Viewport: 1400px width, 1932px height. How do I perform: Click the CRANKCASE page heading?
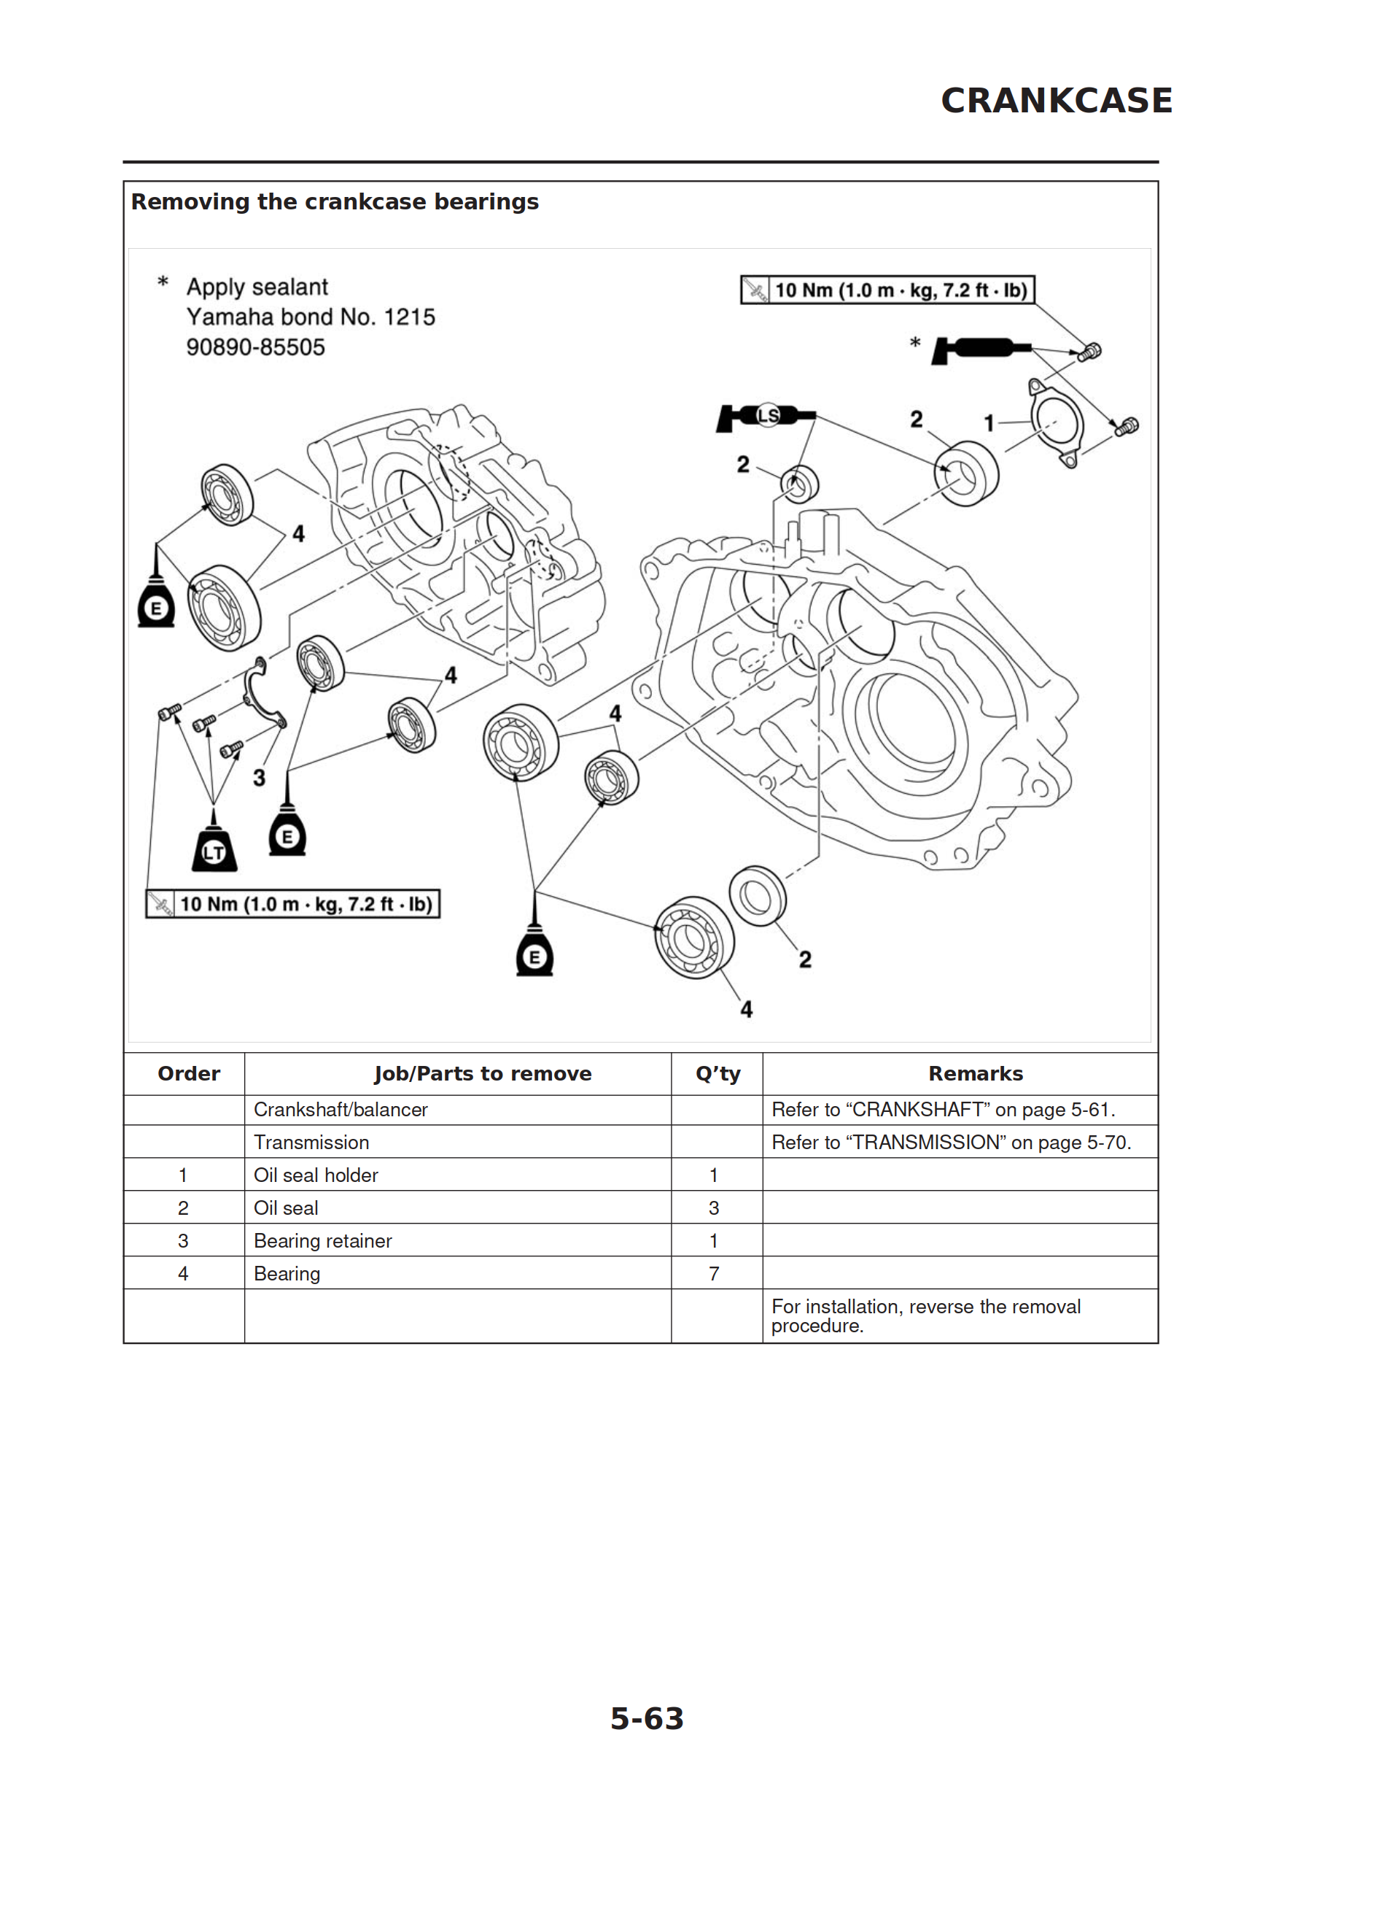[1056, 101]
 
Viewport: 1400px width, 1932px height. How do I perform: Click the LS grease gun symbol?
[766, 416]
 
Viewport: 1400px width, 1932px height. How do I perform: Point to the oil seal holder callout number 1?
[989, 422]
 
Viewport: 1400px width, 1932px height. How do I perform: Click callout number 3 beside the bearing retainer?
[259, 777]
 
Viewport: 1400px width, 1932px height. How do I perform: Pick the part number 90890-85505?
[255, 347]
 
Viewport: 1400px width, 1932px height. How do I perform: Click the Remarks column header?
[975, 1073]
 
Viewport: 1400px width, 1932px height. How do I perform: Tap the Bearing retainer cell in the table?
[323, 1240]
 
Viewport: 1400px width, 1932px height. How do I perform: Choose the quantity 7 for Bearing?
[714, 1273]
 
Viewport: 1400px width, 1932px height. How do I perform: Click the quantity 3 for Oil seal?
[714, 1208]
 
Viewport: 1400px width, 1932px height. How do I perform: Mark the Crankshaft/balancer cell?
[341, 1109]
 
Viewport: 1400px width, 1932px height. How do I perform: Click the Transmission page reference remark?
[950, 1143]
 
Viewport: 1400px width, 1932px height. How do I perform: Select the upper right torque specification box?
[887, 290]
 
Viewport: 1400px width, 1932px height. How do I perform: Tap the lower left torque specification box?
[293, 904]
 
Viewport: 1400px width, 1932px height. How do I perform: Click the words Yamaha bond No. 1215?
[311, 317]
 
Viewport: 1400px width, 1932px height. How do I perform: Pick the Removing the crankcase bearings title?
[335, 202]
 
